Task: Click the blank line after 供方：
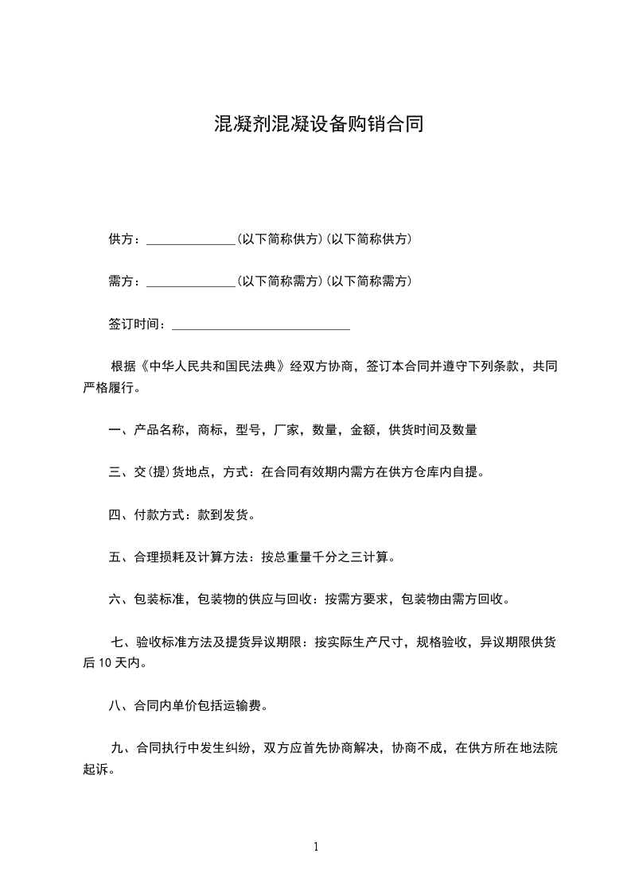(191, 239)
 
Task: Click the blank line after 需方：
(191, 281)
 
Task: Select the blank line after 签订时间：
(261, 324)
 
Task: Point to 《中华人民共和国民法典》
(211, 367)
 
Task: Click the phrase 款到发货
(223, 515)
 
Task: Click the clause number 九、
(121, 748)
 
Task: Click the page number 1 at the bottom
(316, 847)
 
